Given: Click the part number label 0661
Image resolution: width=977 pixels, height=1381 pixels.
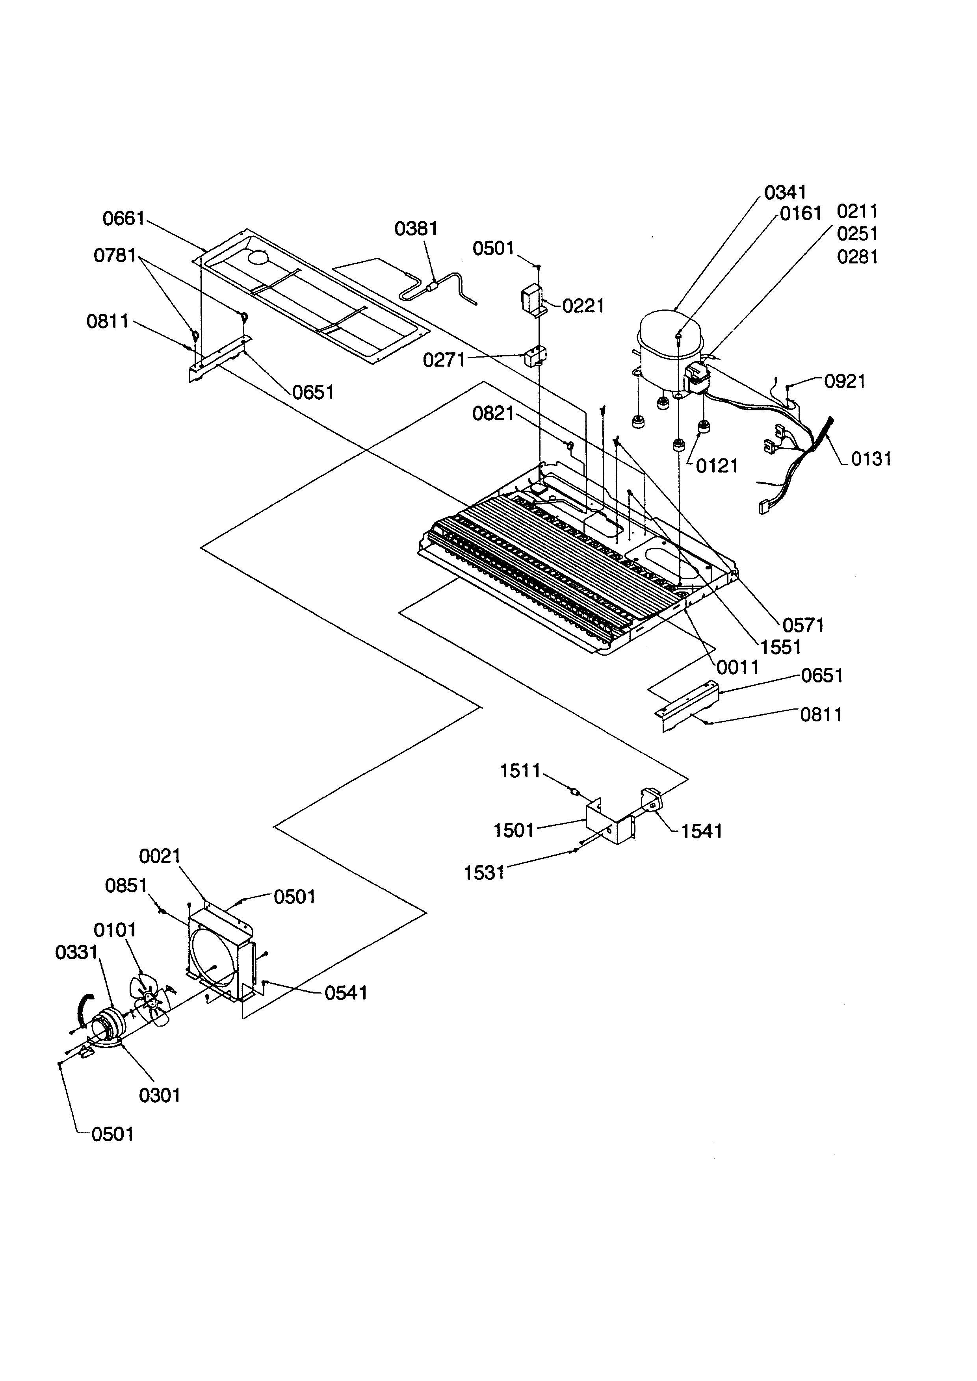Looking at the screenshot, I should pos(124,218).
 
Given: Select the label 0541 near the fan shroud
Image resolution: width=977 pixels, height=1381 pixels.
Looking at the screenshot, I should pos(345,992).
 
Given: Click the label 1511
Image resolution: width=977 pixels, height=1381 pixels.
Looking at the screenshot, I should pos(520,771).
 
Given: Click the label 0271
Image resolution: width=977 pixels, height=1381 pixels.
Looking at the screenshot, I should pos(444,360).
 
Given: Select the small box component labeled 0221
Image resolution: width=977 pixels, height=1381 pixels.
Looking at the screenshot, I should pos(531,299).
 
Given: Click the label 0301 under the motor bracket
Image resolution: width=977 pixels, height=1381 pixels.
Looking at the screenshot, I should pos(160,1095).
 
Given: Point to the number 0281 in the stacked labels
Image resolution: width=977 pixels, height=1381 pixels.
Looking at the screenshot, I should pos(857,258).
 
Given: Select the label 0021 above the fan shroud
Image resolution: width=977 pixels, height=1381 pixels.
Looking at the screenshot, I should pos(160,855).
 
